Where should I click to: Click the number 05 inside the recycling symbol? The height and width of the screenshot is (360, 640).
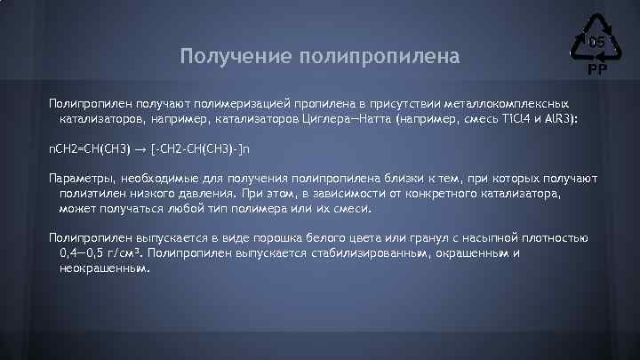(596, 42)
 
